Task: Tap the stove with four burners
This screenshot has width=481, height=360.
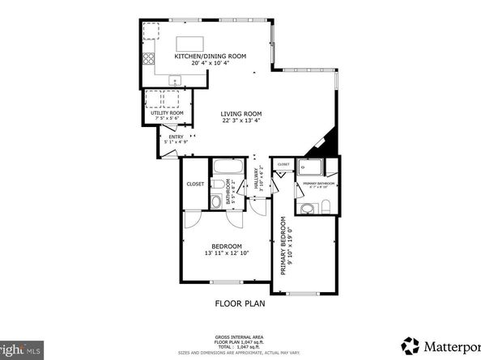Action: [150, 59]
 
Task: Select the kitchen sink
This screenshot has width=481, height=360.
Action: [174, 79]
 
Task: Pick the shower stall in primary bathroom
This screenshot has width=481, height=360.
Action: [310, 168]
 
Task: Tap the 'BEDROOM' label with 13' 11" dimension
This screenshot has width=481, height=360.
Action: [227, 246]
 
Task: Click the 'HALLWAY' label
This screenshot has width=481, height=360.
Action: [255, 184]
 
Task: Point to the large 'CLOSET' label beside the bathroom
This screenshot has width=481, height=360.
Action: [195, 184]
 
